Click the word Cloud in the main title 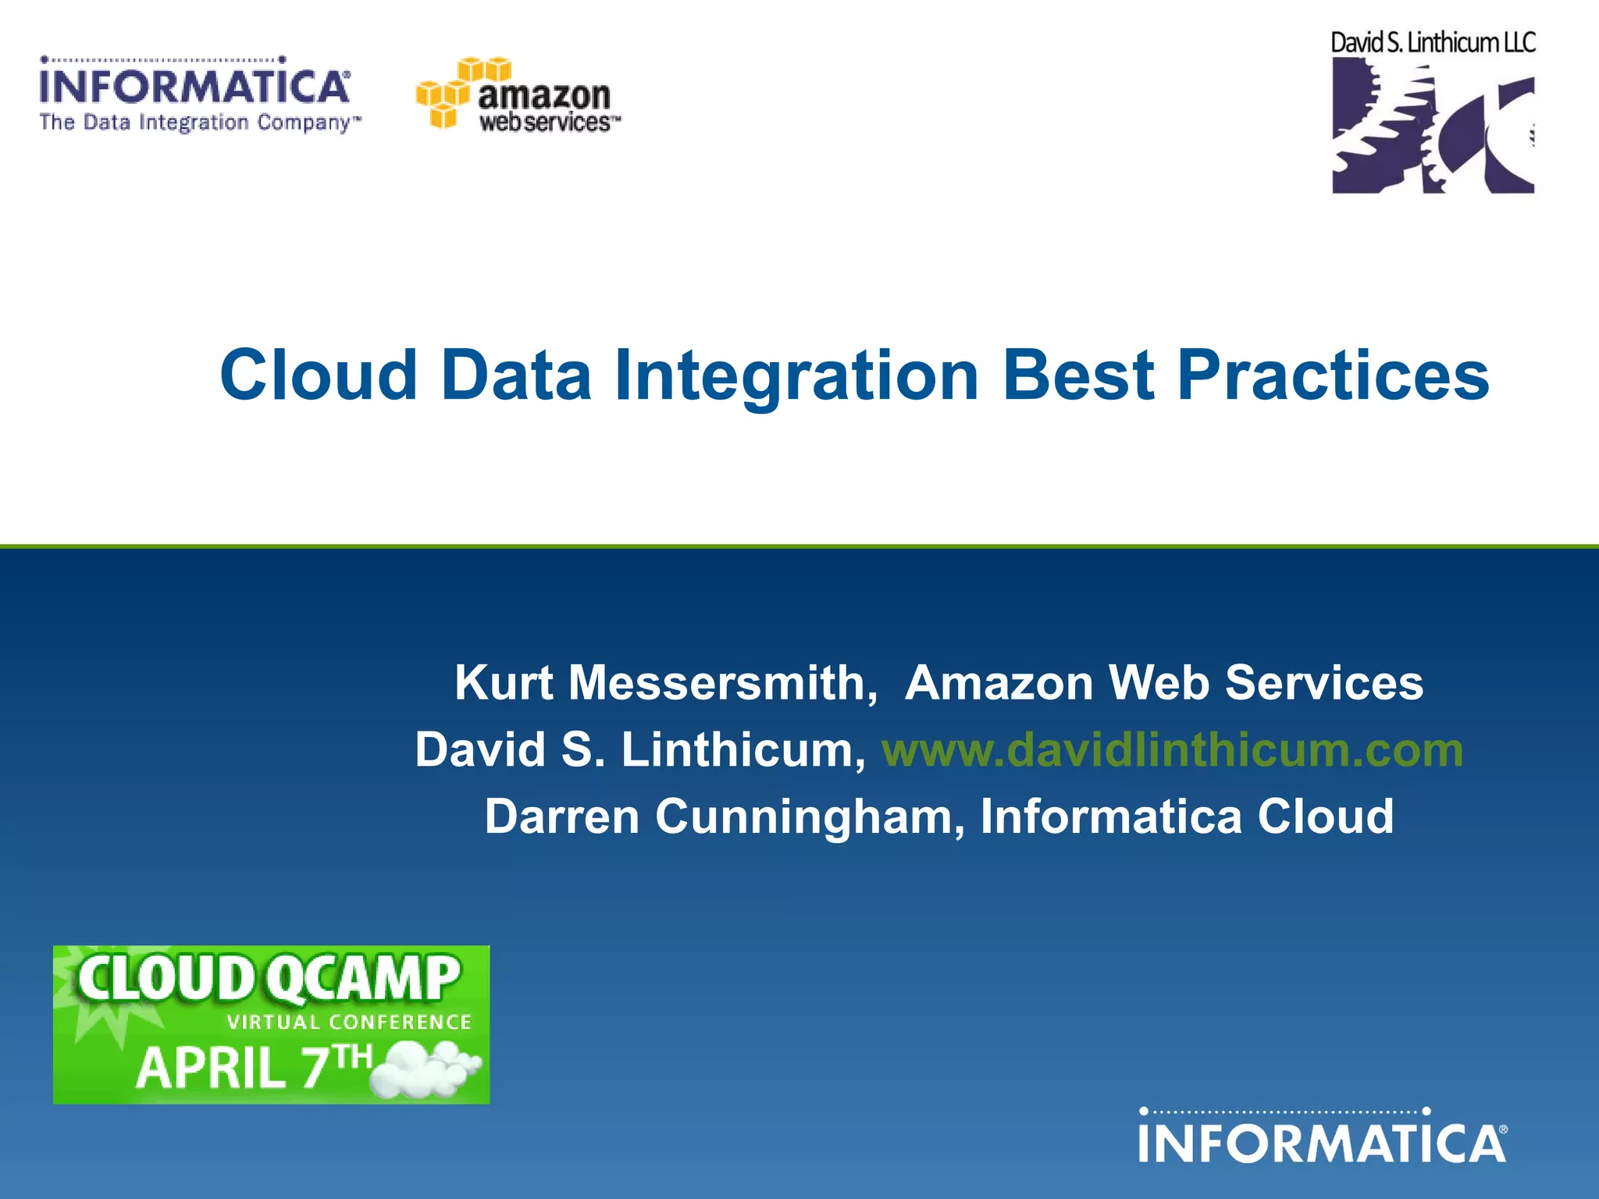(x=319, y=375)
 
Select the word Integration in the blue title (x=796, y=377)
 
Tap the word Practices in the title (x=1333, y=375)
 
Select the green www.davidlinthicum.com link (x=1172, y=750)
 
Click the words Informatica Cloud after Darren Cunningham (x=1187, y=817)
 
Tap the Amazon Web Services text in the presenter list (x=1163, y=683)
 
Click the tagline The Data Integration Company (x=199, y=123)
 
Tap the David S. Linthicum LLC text (x=1433, y=43)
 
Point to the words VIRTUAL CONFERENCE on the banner (x=349, y=1023)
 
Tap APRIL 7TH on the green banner (x=254, y=1066)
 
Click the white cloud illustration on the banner (x=426, y=1071)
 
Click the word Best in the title (x=1077, y=375)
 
